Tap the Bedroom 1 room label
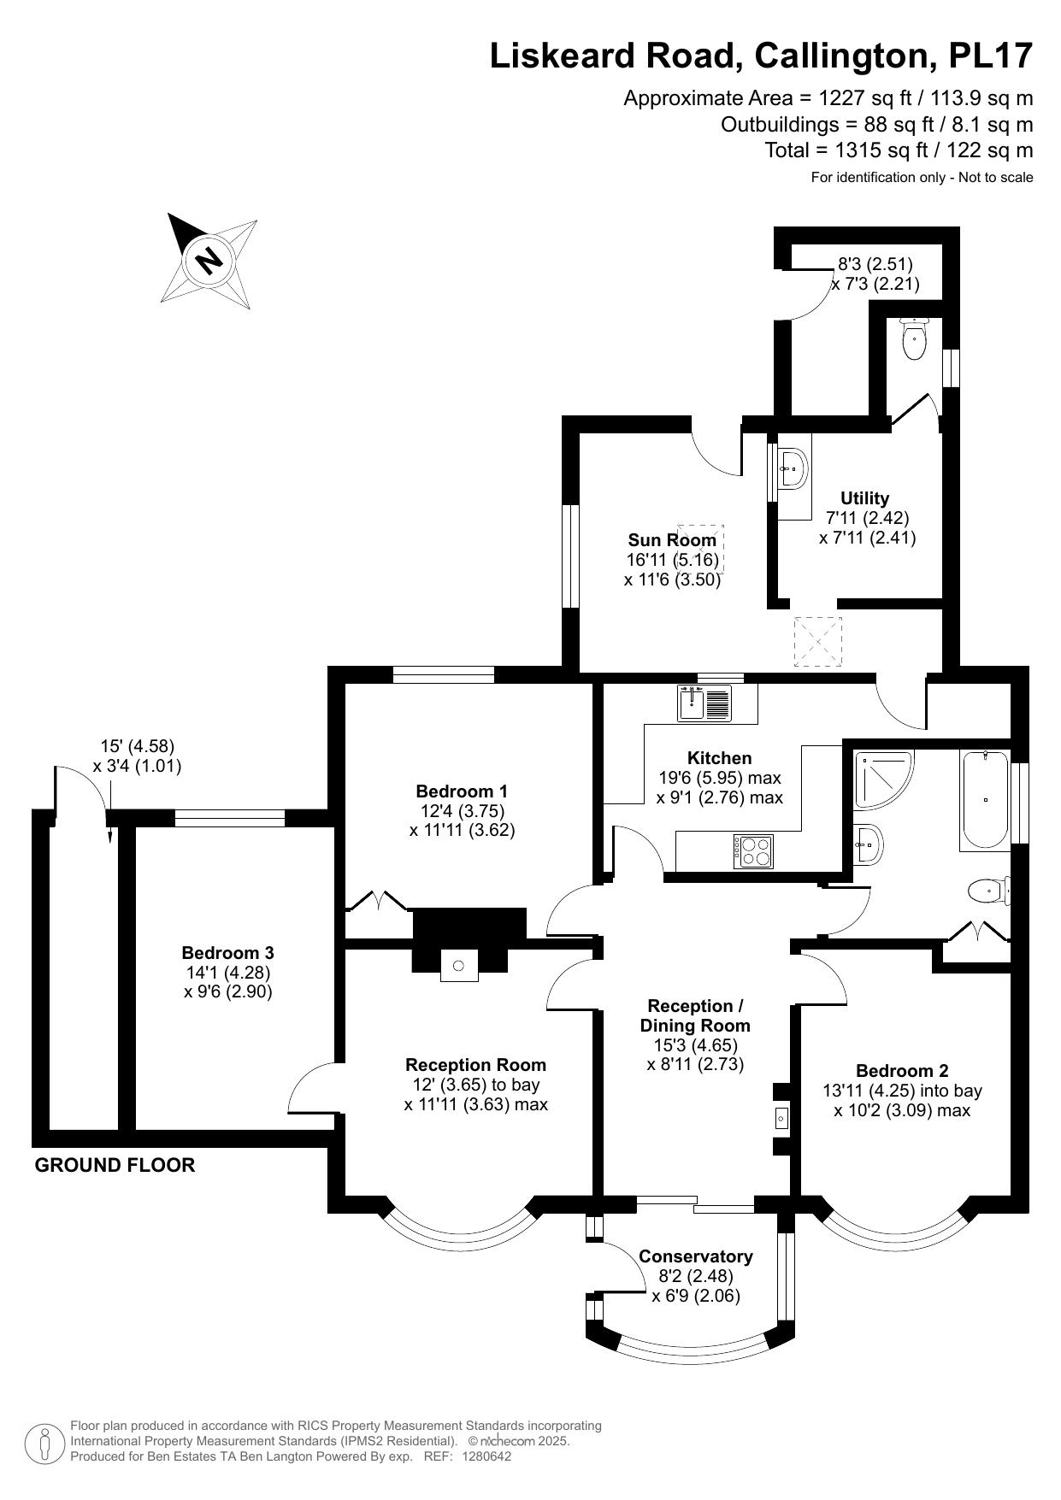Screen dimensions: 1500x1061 (x=462, y=791)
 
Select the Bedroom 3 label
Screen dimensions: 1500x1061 (x=227, y=952)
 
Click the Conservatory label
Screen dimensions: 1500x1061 (x=695, y=1256)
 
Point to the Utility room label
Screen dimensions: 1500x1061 (x=864, y=498)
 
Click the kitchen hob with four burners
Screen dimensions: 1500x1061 (x=753, y=850)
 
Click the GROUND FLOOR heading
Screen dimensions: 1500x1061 (x=115, y=1165)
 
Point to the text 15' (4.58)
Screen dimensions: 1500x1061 (x=137, y=746)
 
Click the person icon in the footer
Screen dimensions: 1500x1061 (x=44, y=1443)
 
